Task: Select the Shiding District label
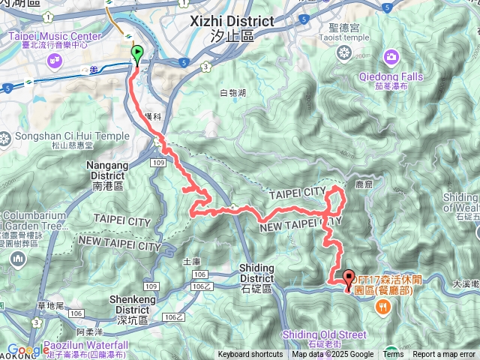[260, 273]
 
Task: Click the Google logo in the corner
[28, 350]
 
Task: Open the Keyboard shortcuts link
[250, 355]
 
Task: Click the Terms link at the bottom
[393, 355]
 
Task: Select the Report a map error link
[445, 355]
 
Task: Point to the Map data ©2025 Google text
[332, 355]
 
